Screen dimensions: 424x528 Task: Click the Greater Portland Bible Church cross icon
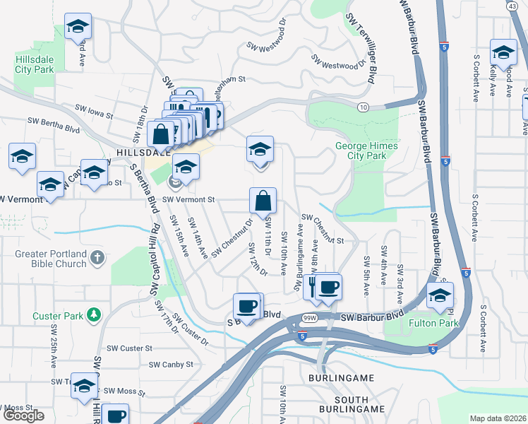click(x=98, y=259)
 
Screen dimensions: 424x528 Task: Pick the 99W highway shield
click(x=302, y=319)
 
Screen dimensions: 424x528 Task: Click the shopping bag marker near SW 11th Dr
click(x=263, y=201)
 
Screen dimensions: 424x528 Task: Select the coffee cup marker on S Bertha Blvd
click(x=246, y=306)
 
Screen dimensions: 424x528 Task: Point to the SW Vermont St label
click(x=188, y=200)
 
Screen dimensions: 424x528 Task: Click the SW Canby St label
click(x=171, y=365)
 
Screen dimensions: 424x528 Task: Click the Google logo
click(x=23, y=416)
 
